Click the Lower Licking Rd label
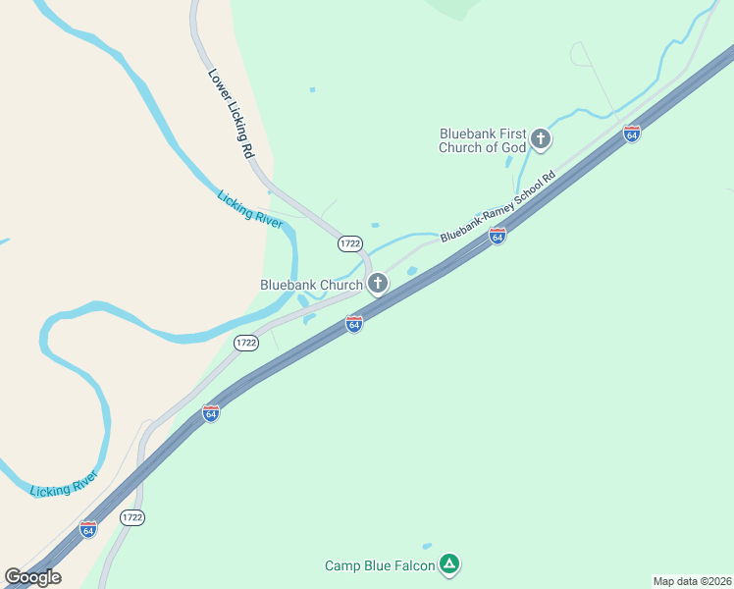pyautogui.click(x=231, y=114)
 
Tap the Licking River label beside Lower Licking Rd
pyautogui.click(x=249, y=210)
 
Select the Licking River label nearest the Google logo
pyautogui.click(x=64, y=484)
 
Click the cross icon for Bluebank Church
pyautogui.click(x=377, y=285)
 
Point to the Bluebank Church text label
pyautogui.click(x=311, y=285)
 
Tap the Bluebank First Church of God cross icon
pyautogui.click(x=540, y=140)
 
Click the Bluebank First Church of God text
pyautogui.click(x=483, y=140)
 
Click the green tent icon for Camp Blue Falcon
pyautogui.click(x=448, y=564)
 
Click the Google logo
pyautogui.click(x=32, y=577)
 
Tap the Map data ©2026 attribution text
pyautogui.click(x=693, y=581)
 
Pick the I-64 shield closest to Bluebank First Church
pyautogui.click(x=632, y=134)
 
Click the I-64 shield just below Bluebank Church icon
pyautogui.click(x=354, y=323)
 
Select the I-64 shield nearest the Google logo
pyautogui.click(x=88, y=529)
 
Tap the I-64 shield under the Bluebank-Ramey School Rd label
pyautogui.click(x=498, y=236)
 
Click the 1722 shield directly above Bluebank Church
pyautogui.click(x=350, y=242)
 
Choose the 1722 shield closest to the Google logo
pyautogui.click(x=132, y=516)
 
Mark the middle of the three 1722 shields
pyautogui.click(x=245, y=343)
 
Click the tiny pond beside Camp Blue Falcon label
pyautogui.click(x=427, y=546)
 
